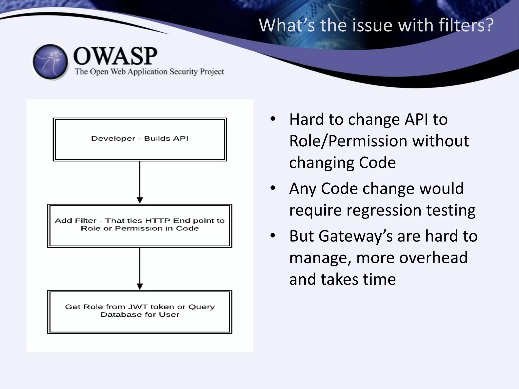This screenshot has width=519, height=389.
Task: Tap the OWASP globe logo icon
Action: (x=50, y=62)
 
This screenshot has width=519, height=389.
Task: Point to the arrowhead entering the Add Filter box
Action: (x=140, y=200)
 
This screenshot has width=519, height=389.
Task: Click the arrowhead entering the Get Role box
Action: (x=140, y=286)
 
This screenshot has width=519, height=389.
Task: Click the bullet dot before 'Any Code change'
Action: (x=273, y=188)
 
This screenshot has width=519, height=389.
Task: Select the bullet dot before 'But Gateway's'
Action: (x=273, y=235)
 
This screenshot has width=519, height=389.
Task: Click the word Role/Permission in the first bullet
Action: (x=346, y=141)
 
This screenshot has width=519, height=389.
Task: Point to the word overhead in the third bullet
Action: (x=412, y=258)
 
